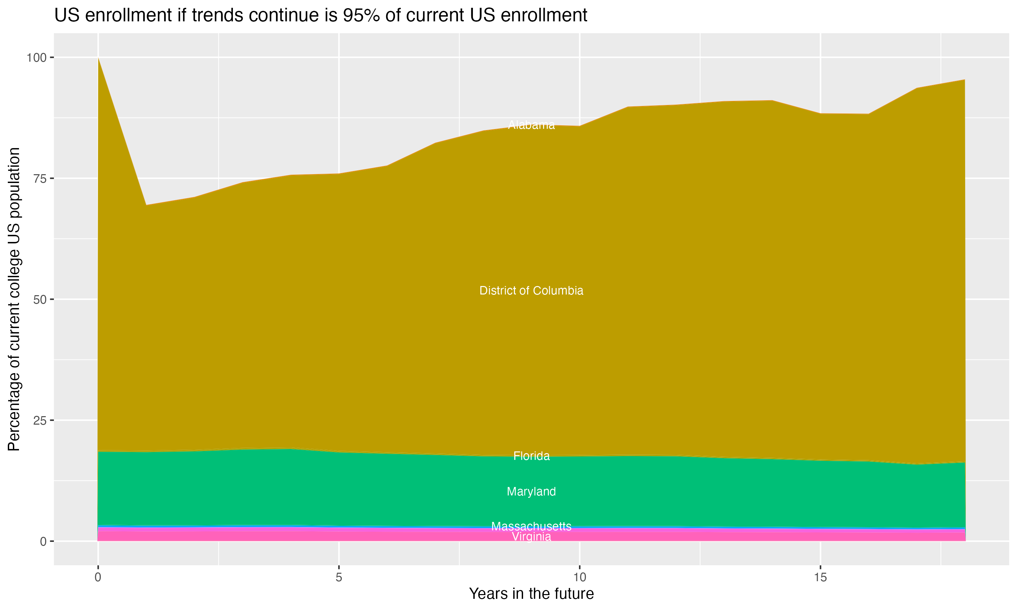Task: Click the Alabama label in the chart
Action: click(x=531, y=125)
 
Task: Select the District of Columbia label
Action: click(x=531, y=291)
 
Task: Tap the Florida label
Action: click(x=531, y=456)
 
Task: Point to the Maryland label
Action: click(x=531, y=492)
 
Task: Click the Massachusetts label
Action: click(x=531, y=526)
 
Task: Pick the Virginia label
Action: click(x=531, y=537)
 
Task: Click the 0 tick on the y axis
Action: click(x=43, y=541)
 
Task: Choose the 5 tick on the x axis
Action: click(x=339, y=577)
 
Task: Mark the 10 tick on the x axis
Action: click(x=579, y=577)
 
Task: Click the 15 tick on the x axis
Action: click(x=820, y=577)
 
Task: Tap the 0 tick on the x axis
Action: click(x=98, y=577)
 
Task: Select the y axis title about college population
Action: click(x=14, y=299)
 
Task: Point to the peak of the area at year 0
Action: click(x=98, y=58)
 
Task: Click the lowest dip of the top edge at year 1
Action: click(x=146, y=205)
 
